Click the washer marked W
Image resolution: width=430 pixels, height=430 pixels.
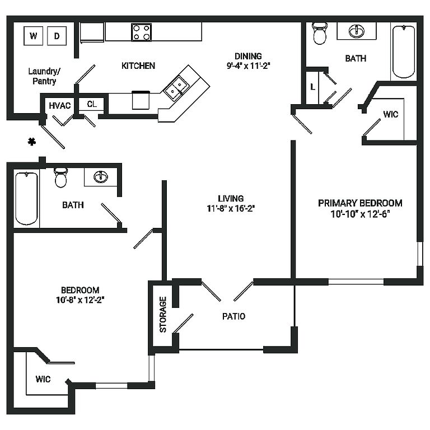33,36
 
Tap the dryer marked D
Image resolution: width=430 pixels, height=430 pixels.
57,36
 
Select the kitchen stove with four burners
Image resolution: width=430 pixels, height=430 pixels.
142,31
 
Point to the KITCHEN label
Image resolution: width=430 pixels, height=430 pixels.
138,66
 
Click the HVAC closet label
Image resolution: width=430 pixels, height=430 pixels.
59,105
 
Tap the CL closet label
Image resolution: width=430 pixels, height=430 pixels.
92,104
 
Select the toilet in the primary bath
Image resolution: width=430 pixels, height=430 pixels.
320,34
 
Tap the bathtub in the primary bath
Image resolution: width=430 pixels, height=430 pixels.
403,51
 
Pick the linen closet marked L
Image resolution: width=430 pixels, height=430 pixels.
312,87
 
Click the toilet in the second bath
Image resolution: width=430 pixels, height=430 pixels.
61,177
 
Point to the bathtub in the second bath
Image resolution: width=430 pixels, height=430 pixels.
26,198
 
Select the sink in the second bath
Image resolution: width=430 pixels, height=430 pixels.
101,177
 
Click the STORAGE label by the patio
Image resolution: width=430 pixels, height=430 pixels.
163,314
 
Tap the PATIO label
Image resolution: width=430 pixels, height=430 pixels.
233,316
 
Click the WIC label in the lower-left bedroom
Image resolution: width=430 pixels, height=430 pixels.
43,379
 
